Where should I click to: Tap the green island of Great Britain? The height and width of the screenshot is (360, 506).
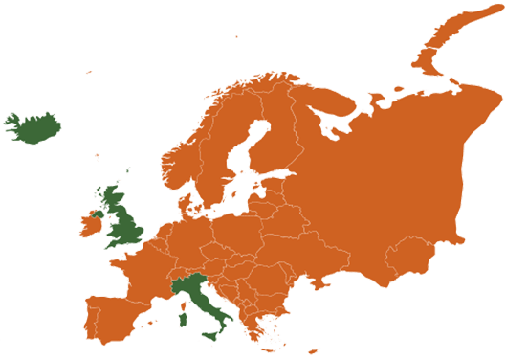coord(123,226)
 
